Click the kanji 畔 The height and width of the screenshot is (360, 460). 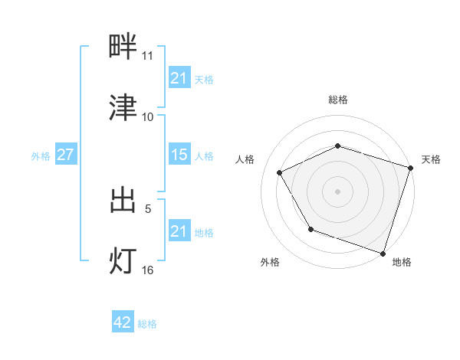[123, 47]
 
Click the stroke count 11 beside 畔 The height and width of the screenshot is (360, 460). [147, 56]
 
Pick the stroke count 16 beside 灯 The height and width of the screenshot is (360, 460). [147, 270]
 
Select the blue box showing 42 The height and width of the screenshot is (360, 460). [123, 323]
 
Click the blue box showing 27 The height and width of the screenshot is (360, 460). [65, 155]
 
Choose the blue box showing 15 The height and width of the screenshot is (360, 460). [179, 155]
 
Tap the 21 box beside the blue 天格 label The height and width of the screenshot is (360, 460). [179, 78]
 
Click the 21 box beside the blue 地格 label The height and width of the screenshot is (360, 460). [179, 231]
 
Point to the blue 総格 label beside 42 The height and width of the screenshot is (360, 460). [147, 324]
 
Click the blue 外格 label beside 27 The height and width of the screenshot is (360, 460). [41, 155]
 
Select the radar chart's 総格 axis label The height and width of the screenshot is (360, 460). [338, 100]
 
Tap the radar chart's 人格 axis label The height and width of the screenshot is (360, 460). [245, 159]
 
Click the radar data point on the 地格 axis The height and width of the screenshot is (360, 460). [383, 253]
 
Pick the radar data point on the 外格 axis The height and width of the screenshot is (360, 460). [310, 229]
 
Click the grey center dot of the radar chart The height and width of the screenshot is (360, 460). [338, 191]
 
